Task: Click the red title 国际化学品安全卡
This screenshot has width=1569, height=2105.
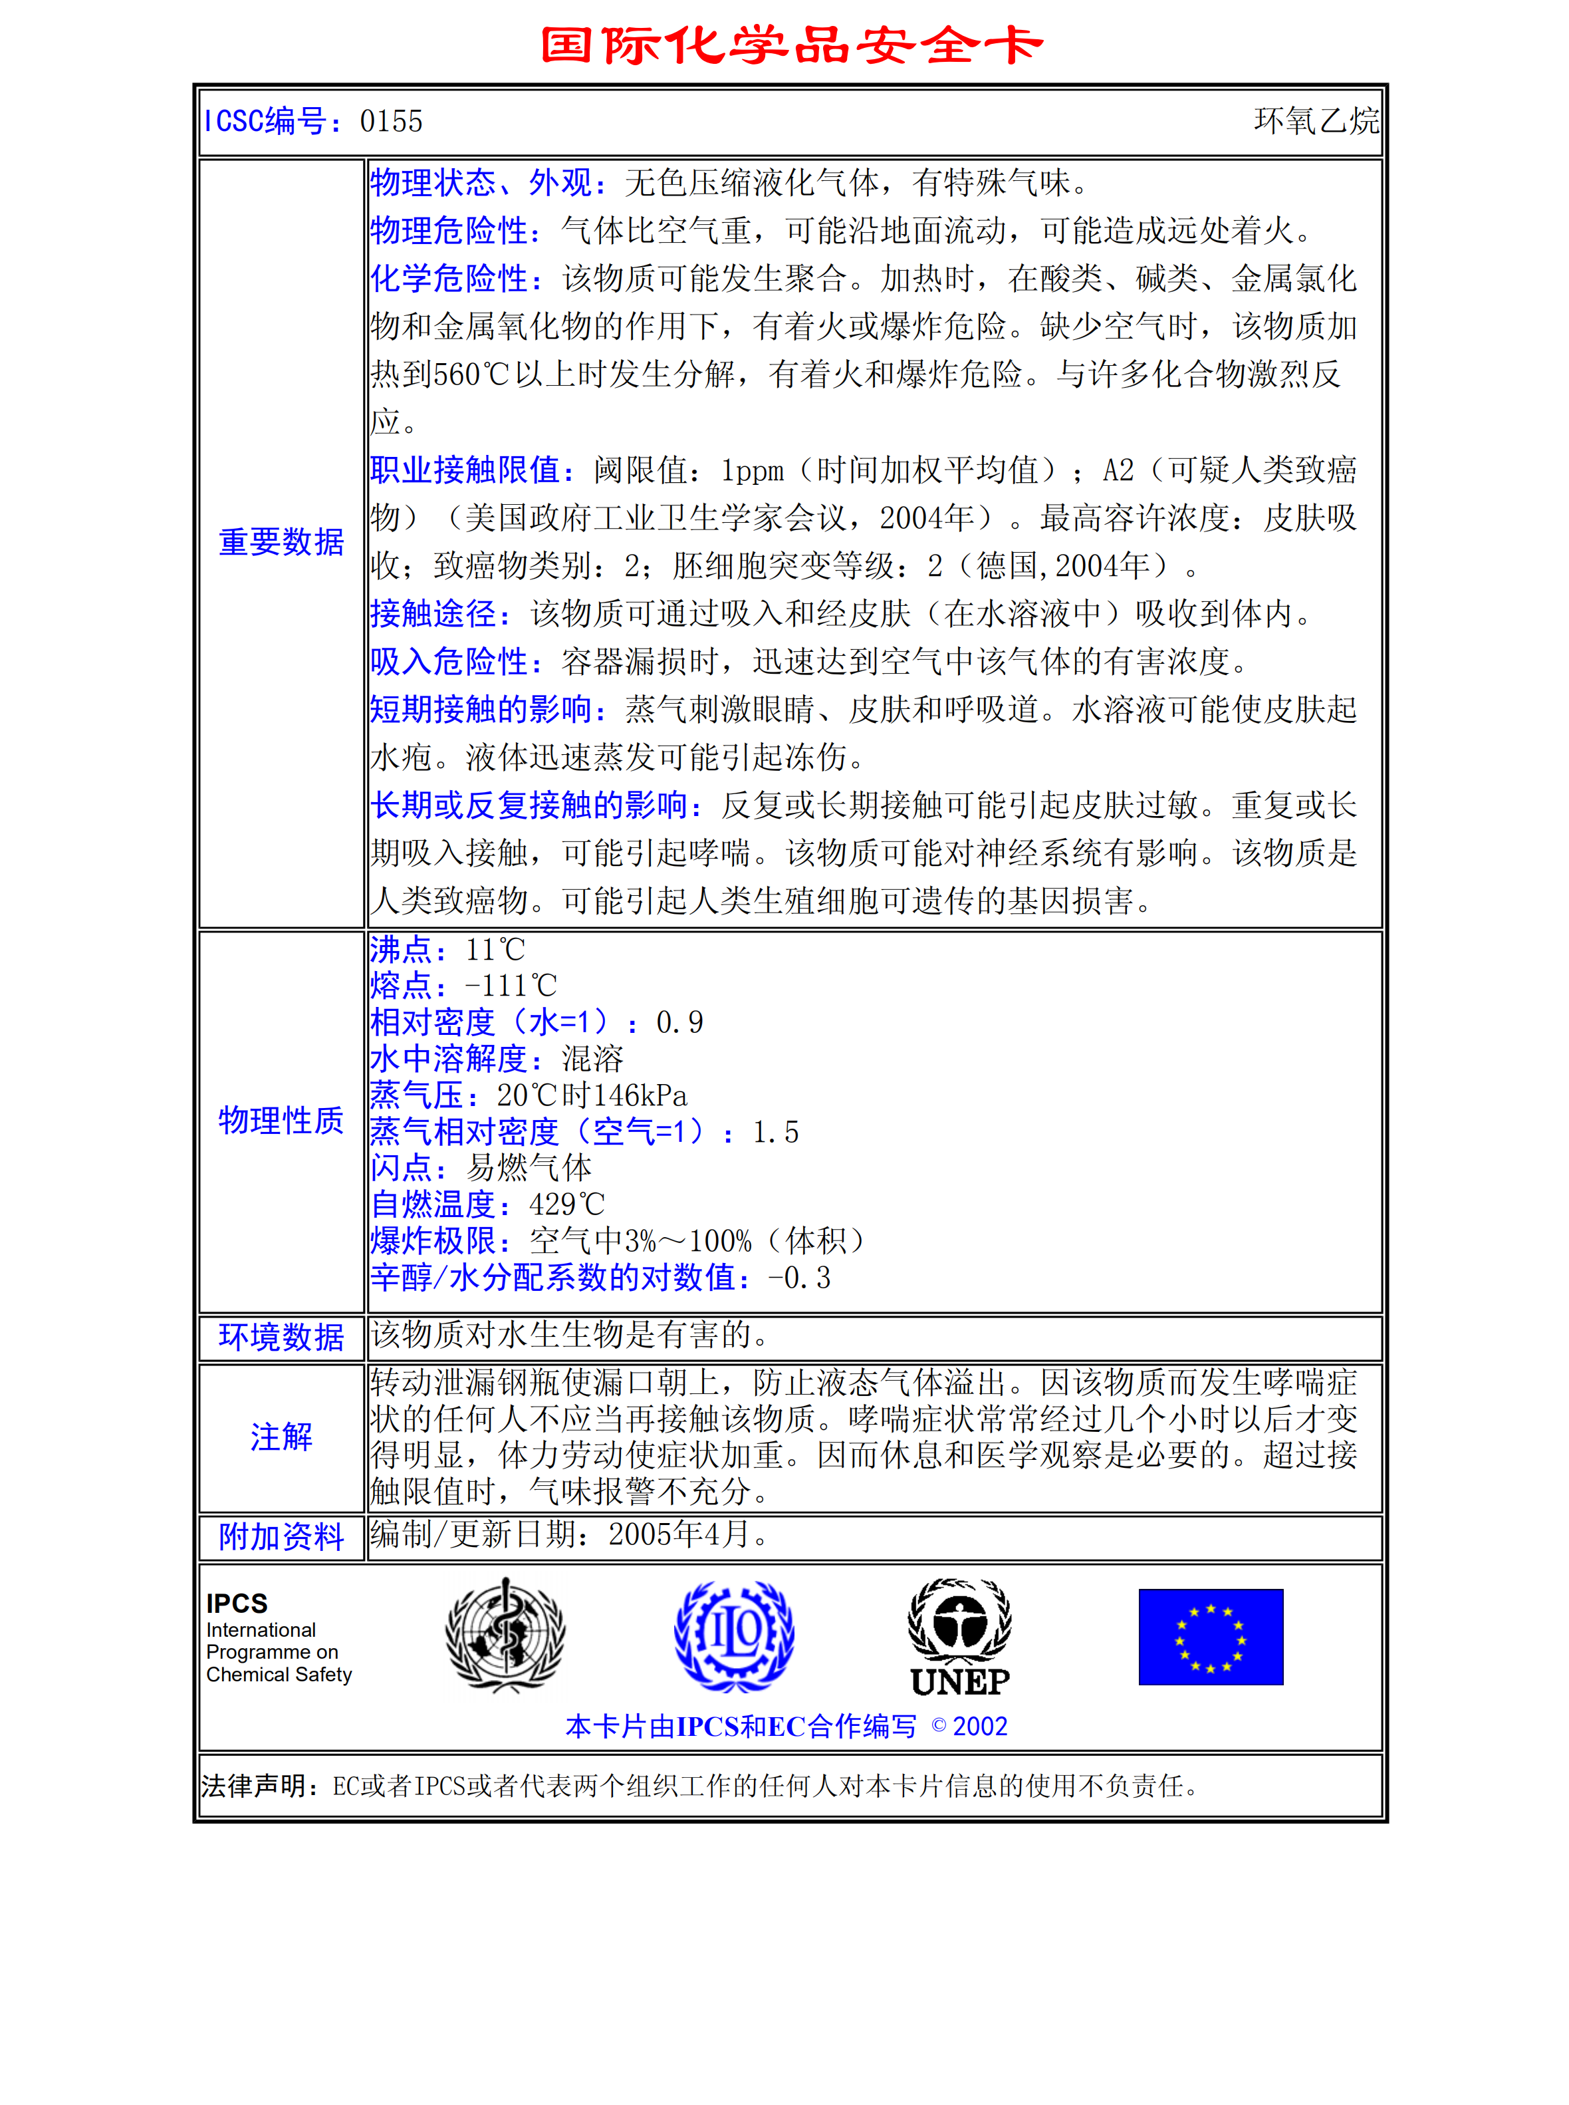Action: click(x=791, y=46)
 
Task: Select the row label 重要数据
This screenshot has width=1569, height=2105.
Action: click(x=281, y=543)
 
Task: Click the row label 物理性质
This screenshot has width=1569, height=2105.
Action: click(x=281, y=1121)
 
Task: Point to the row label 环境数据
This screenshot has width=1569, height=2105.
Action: click(x=281, y=1337)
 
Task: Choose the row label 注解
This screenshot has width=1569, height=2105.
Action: click(x=281, y=1437)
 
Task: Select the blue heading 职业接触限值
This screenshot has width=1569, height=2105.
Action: click(x=472, y=470)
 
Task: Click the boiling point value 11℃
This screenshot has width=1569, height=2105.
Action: click(x=495, y=950)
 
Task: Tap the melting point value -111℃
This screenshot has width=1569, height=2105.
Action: click(x=510, y=986)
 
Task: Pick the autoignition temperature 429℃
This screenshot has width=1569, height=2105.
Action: click(x=567, y=1204)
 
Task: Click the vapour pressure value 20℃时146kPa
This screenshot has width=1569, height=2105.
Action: click(x=592, y=1095)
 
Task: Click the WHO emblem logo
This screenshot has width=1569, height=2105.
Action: click(x=505, y=1635)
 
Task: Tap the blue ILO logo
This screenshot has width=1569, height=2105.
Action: click(x=734, y=1635)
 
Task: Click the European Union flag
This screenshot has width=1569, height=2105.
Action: click(x=1211, y=1637)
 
